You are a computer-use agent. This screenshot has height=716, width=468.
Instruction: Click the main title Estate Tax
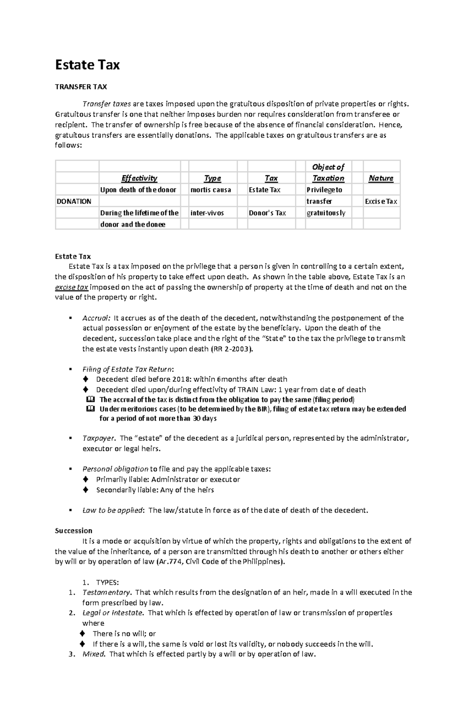tap(87, 65)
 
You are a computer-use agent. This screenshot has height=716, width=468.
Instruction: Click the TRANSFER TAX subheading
tap(81, 87)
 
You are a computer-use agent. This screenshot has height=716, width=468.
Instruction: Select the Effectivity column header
tap(139, 178)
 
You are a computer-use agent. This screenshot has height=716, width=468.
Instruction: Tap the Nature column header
tap(381, 178)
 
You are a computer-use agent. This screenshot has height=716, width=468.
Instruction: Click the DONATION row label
tap(74, 201)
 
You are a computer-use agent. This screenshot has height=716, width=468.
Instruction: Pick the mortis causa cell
tap(211, 190)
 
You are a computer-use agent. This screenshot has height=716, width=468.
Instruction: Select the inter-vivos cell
tap(207, 213)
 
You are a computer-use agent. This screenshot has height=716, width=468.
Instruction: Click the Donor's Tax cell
tap(268, 213)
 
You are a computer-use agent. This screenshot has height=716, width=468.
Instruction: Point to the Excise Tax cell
tap(381, 201)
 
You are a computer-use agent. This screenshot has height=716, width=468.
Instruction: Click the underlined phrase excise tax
tap(72, 288)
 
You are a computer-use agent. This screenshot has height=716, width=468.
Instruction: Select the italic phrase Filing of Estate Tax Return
tap(128, 369)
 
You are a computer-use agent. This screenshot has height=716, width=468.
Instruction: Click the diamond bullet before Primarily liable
tap(86, 480)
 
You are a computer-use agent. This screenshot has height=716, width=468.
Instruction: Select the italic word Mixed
tap(93, 654)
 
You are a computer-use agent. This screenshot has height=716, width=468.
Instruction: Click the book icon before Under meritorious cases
tap(90, 409)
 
